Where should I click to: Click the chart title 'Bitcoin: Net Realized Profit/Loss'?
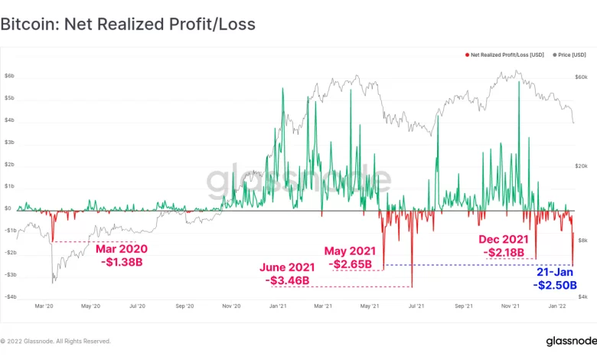[127, 25]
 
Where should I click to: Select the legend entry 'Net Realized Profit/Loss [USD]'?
[506, 55]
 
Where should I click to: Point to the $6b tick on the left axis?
[9, 77]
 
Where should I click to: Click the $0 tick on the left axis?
[8, 208]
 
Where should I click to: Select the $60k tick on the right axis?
[581, 77]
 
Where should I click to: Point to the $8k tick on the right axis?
[582, 241]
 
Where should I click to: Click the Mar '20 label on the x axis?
[44, 306]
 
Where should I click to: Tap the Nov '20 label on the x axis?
[231, 306]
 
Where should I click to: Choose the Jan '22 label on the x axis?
[558, 306]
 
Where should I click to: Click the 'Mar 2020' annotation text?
[121, 249]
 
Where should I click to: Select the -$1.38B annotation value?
[122, 262]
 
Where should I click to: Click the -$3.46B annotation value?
[289, 280]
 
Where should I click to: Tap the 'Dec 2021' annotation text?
[504, 239]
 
